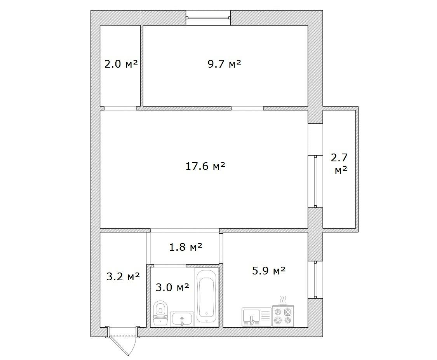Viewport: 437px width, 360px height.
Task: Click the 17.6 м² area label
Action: pyautogui.click(x=205, y=166)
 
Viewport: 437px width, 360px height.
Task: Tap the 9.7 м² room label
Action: pyautogui.click(x=225, y=64)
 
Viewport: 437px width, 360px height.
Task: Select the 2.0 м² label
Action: pyautogui.click(x=121, y=64)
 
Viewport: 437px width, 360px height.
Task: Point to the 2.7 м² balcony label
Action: pyautogui.click(x=340, y=163)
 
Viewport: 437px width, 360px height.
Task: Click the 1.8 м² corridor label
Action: pyautogui.click(x=186, y=246)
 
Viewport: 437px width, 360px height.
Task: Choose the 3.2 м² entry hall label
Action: pyautogui.click(x=123, y=276)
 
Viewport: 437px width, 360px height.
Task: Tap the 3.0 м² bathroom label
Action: pyautogui.click(x=172, y=287)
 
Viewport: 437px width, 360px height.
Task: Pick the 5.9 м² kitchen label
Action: pyautogui.click(x=269, y=270)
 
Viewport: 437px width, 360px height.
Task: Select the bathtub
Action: pyautogui.click(x=207, y=296)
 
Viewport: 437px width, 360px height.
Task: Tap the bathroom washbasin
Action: pyautogui.click(x=182, y=319)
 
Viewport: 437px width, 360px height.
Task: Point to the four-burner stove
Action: pyautogui.click(x=283, y=315)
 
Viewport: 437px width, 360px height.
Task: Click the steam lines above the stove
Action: pyautogui.click(x=283, y=299)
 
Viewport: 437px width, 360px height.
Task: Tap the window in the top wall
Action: pyautogui.click(x=208, y=18)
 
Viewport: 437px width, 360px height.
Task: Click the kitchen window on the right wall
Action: pyautogui.click(x=315, y=280)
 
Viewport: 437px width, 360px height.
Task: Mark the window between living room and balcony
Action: pyautogui.click(x=315, y=182)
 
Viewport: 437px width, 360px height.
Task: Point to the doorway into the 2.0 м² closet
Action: pyautogui.click(x=120, y=108)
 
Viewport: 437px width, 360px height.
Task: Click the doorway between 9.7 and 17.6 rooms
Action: pyautogui.click(x=247, y=108)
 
